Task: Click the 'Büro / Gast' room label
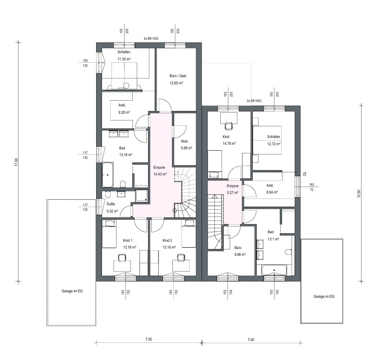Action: pyautogui.click(x=178, y=76)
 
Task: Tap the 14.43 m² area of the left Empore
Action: pyautogui.click(x=160, y=174)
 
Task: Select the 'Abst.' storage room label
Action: pyautogui.click(x=185, y=141)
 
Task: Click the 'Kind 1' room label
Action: pyautogui.click(x=127, y=240)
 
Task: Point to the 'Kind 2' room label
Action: pyautogui.click(x=167, y=240)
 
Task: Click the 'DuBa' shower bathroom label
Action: pyautogui.click(x=111, y=204)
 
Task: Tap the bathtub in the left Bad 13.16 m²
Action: pyautogui.click(x=107, y=175)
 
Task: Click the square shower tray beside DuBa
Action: pyautogui.click(x=142, y=196)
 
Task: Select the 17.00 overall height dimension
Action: pyautogui.click(x=16, y=162)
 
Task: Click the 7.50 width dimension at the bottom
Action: pyautogui.click(x=148, y=339)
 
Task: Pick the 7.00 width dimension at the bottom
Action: pyautogui.click(x=251, y=340)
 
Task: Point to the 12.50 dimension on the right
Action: pyautogui.click(x=359, y=194)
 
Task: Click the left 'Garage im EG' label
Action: pyautogui.click(x=72, y=291)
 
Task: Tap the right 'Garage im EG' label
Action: pyautogui.click(x=324, y=296)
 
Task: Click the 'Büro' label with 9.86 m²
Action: pyautogui.click(x=238, y=248)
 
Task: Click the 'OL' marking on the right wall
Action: pyautogui.click(x=305, y=174)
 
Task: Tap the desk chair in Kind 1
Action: pyautogui.click(x=122, y=257)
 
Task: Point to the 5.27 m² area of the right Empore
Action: pyautogui.click(x=232, y=193)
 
